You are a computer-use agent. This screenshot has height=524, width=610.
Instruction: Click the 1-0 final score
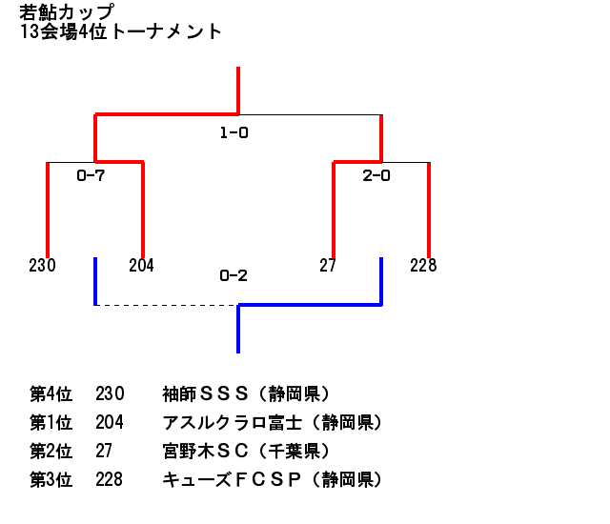pos(234,133)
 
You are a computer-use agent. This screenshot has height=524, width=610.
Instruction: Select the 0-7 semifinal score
pos(91,175)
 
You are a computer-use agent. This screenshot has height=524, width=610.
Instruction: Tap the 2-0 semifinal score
pos(376,175)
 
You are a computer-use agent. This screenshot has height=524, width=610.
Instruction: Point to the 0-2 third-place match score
pos(234,275)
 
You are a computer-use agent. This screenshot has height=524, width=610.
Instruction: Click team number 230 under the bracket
pos(42,266)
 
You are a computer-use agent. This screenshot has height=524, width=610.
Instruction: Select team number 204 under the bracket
pos(142,266)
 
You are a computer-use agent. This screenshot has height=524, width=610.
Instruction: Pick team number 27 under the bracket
pos(327,266)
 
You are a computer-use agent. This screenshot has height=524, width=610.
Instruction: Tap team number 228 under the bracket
pos(423,266)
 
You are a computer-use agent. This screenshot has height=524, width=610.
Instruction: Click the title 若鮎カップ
pos(67,12)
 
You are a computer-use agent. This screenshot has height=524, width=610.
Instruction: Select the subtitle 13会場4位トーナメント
pos(121,31)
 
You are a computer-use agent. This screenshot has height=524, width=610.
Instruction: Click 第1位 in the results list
pos(51,423)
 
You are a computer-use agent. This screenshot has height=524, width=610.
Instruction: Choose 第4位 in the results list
pos(51,393)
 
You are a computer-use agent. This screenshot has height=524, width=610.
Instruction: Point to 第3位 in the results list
pos(51,479)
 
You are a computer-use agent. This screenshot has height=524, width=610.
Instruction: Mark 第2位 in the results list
pos(51,451)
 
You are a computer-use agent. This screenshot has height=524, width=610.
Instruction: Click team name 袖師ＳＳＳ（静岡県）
pos(246,393)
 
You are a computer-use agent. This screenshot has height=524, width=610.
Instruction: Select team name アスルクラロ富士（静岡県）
pos(273,423)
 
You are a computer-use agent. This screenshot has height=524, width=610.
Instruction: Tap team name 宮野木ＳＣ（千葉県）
pos(246,451)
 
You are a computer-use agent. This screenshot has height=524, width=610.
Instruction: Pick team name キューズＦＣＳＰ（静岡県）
pos(273,479)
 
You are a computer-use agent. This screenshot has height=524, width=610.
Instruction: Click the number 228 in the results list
pos(110,479)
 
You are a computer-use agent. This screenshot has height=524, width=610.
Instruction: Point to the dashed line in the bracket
pos(167,305)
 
